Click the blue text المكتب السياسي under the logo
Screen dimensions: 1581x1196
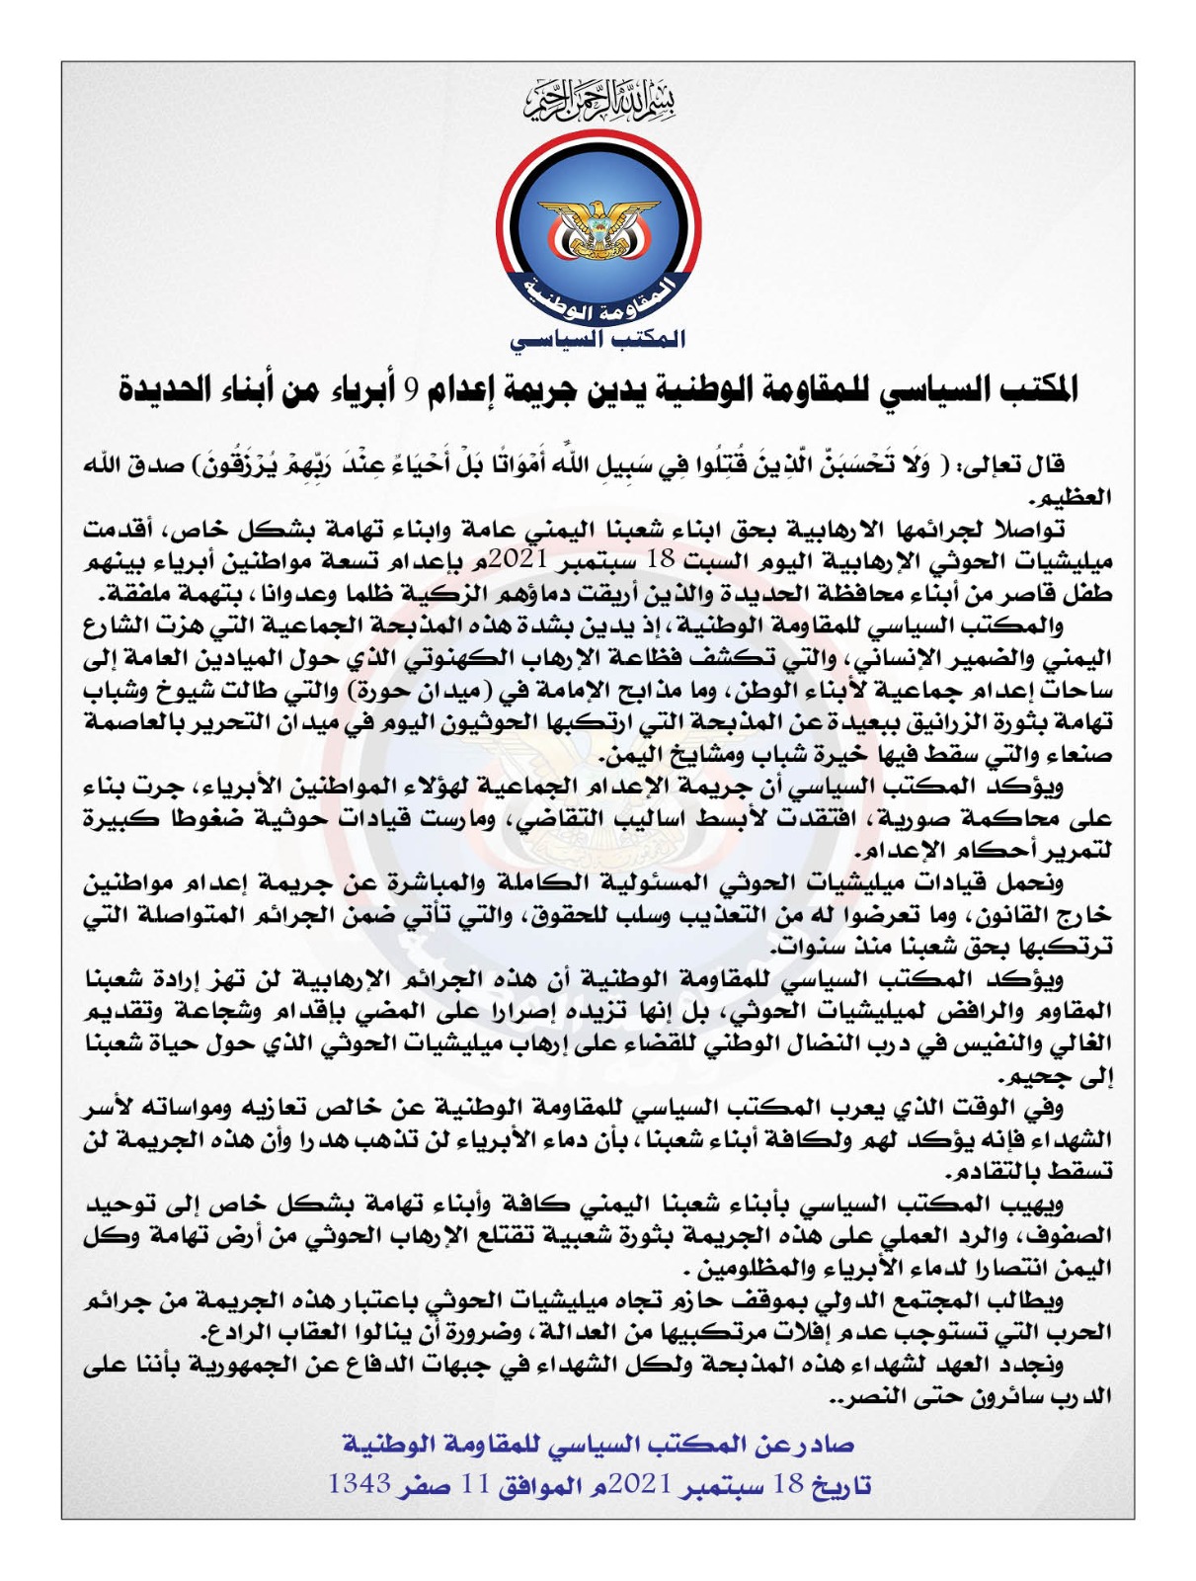pos(598,338)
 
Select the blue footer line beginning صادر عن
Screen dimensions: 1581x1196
pos(598,1445)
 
